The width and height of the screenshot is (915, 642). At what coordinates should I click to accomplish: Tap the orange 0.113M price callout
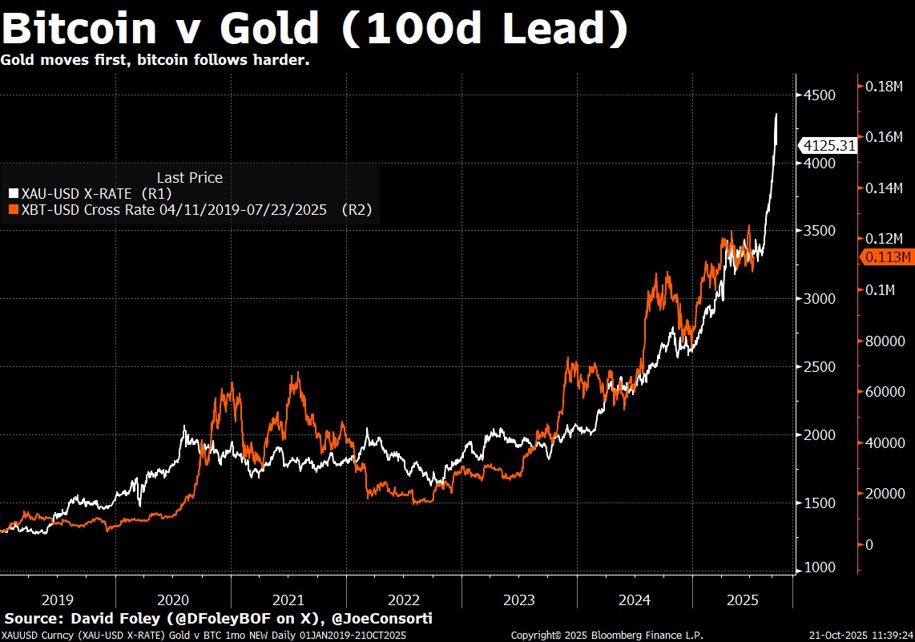click(886, 257)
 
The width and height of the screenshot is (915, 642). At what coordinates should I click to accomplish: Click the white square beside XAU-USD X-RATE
click(13, 193)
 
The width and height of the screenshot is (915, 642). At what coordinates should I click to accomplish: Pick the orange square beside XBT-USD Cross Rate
click(13, 210)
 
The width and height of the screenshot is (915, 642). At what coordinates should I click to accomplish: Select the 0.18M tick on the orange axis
click(887, 86)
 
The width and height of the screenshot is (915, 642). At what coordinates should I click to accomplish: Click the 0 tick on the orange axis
click(870, 545)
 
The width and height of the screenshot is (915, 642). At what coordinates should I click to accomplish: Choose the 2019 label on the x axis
click(58, 600)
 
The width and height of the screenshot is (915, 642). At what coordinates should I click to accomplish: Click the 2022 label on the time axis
click(404, 600)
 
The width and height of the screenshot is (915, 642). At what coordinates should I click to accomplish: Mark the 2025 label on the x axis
click(743, 600)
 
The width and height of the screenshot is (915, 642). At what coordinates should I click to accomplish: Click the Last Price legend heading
click(190, 177)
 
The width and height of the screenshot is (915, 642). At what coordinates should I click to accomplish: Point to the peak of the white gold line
click(776, 115)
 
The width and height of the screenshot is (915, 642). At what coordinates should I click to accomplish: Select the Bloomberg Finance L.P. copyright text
click(607, 635)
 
